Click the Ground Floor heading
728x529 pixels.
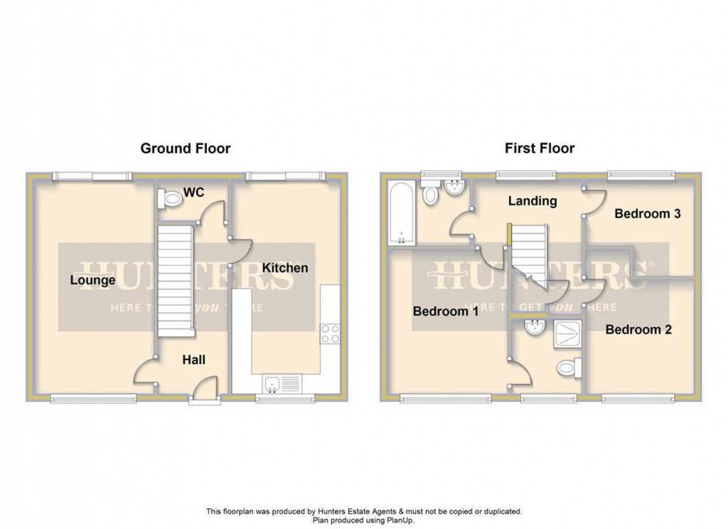(185, 148)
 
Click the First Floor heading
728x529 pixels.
(539, 148)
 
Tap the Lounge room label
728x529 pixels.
(92, 281)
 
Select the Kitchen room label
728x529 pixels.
(285, 268)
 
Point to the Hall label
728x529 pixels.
(194, 360)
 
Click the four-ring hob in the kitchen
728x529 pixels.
(329, 334)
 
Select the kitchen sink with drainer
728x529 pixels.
(281, 384)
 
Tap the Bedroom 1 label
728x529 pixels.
(445, 312)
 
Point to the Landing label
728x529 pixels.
(533, 201)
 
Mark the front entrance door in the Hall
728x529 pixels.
(204, 391)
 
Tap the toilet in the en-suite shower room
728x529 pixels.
(568, 367)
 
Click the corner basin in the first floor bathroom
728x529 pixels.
(454, 188)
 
